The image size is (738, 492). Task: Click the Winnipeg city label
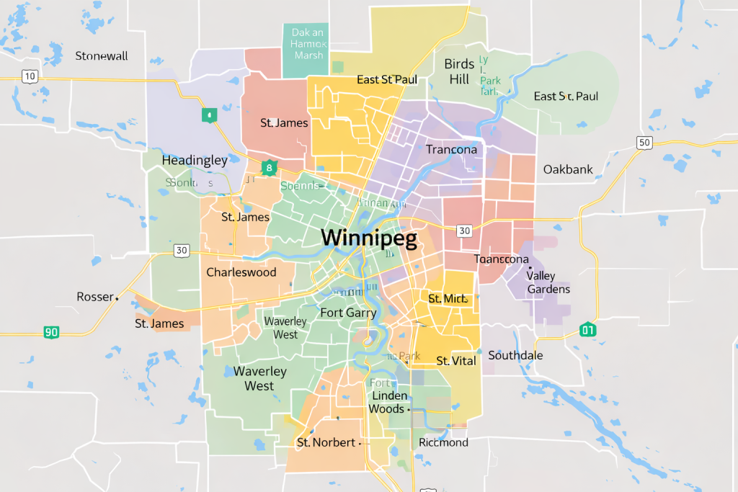tap(369, 238)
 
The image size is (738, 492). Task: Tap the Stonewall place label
tap(102, 55)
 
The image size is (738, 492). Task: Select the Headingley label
tap(195, 160)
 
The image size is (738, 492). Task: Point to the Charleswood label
tap(241, 272)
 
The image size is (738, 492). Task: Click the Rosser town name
tap(95, 297)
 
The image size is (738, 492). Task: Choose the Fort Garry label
tap(348, 313)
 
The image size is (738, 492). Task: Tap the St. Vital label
tap(456, 361)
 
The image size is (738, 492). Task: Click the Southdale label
tap(515, 356)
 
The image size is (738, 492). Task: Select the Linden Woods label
tap(388, 402)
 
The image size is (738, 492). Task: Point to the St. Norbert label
tap(326, 442)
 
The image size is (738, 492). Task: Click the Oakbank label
tap(568, 169)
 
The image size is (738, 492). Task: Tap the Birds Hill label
tap(459, 71)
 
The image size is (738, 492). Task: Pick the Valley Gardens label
tap(548, 282)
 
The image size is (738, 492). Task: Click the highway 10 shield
tap(29, 76)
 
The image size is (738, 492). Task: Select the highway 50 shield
tap(644, 143)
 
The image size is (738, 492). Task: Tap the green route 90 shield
tap(51, 332)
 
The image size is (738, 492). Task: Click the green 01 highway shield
tap(588, 331)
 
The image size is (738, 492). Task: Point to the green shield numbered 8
tap(269, 169)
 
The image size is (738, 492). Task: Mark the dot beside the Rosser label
tap(117, 297)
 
